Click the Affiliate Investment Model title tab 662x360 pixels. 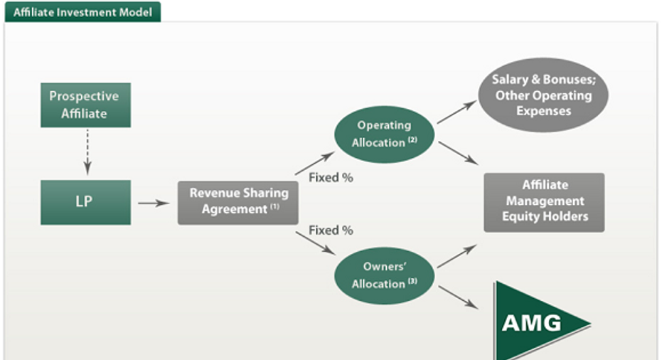82,12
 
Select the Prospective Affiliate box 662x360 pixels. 86,105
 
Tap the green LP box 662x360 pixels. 86,202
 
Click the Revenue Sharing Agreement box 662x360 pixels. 238,203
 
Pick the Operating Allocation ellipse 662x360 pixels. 384,134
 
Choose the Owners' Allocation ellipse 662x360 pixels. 384,276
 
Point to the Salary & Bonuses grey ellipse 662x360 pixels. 543,95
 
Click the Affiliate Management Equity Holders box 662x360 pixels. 544,202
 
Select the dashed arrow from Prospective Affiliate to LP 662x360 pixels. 87,152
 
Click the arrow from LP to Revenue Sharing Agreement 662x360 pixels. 154,203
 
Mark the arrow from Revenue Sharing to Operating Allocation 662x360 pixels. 314,163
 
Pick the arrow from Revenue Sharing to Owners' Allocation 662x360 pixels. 316,243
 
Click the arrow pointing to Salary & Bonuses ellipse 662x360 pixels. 457,112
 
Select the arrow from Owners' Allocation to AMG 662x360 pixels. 459,297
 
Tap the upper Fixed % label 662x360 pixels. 331,177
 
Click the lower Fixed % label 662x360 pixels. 331,231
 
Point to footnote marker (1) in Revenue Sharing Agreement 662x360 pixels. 275,206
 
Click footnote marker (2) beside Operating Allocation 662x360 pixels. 412,140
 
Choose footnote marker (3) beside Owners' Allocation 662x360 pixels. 412,281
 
